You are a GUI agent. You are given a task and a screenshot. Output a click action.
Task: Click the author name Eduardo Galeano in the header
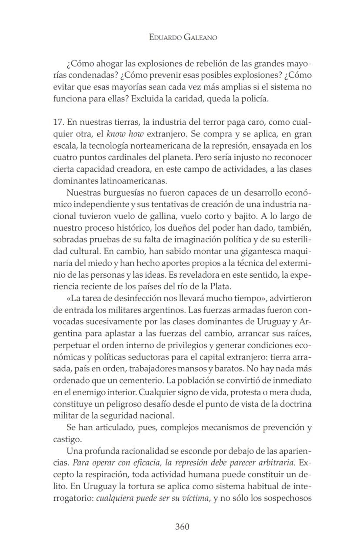(x=183, y=37)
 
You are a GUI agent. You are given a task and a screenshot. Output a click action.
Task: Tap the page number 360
(x=182, y=527)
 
